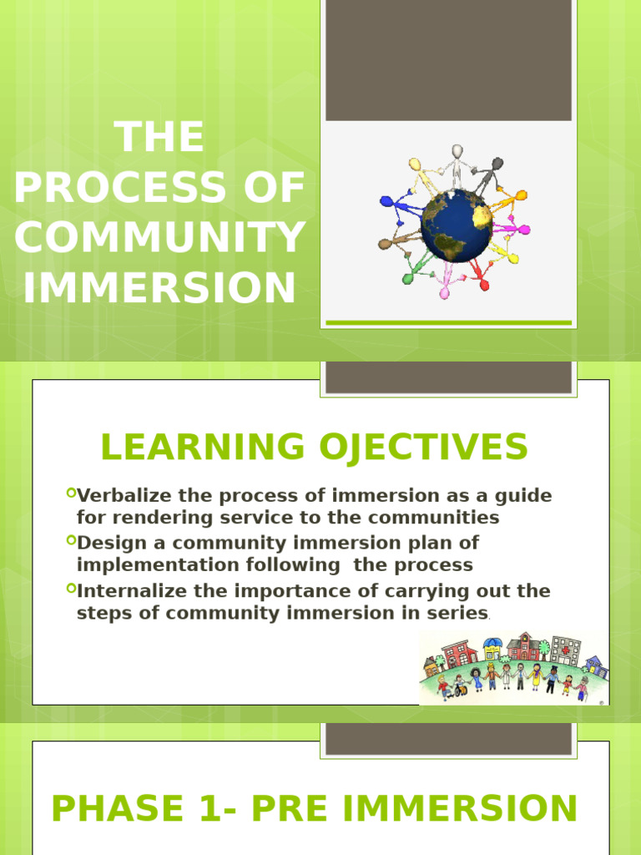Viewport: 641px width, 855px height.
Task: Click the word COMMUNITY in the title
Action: pos(159,238)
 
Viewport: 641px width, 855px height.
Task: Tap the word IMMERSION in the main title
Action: pos(159,288)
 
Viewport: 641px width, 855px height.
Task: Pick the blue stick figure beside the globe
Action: pos(391,202)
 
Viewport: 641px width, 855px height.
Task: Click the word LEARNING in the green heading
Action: pos(203,447)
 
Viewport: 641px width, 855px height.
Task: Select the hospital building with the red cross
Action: pos(565,650)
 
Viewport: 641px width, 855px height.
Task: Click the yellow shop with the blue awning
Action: pos(492,648)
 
